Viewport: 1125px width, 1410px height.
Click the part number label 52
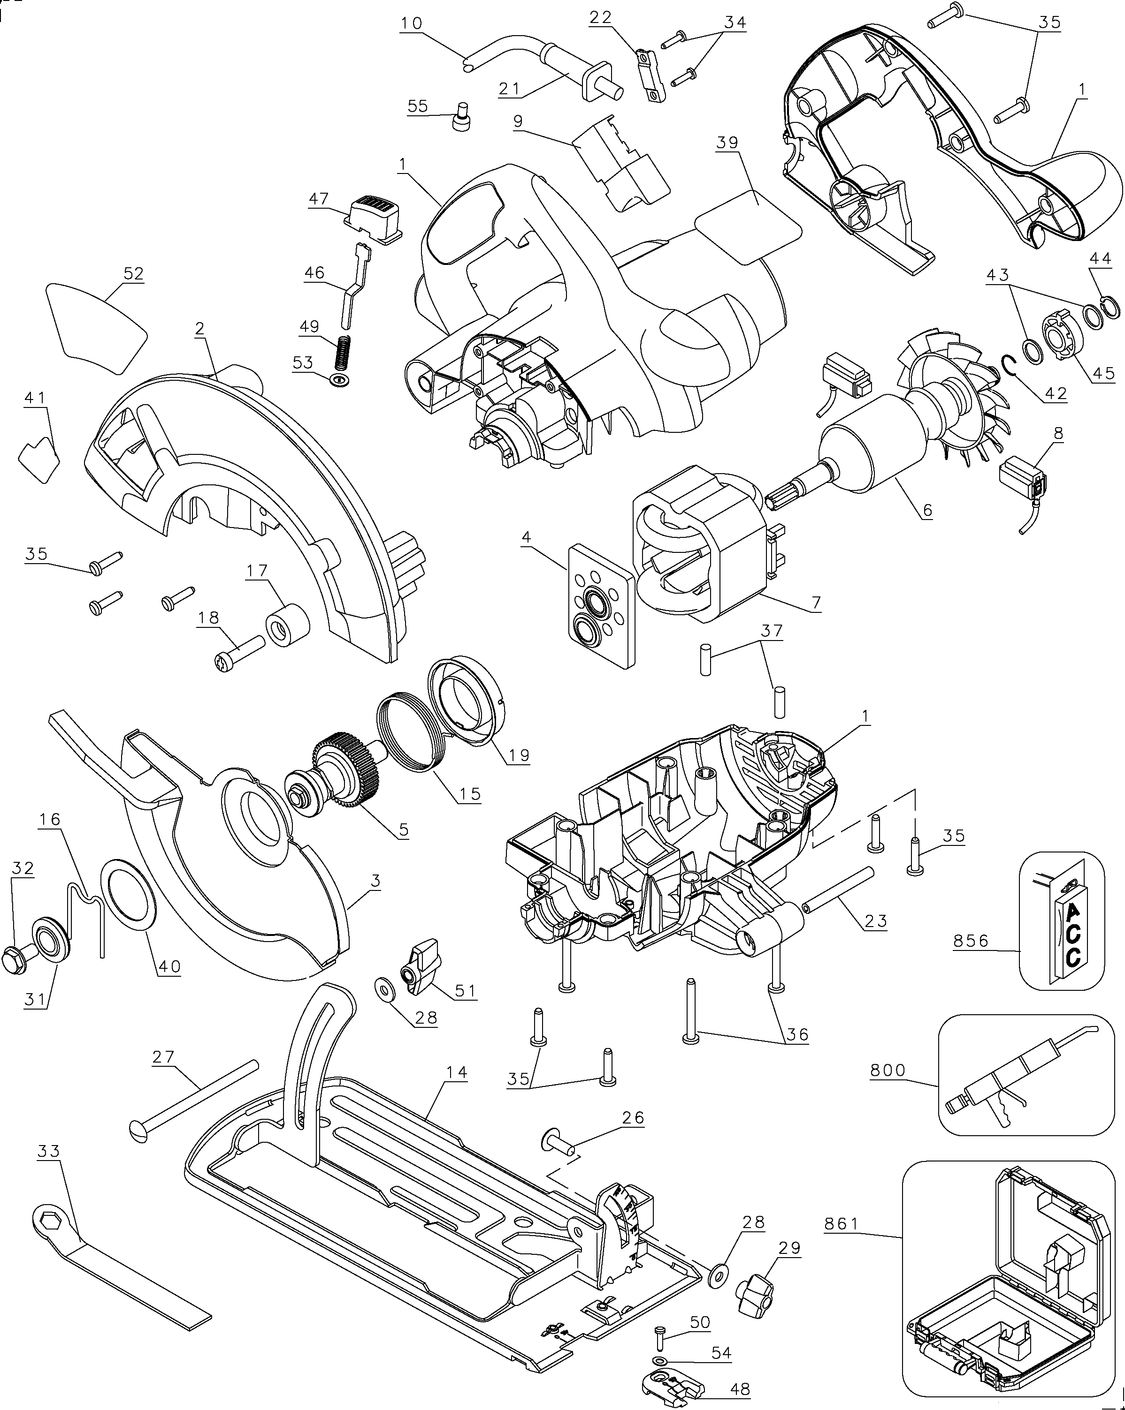(133, 273)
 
